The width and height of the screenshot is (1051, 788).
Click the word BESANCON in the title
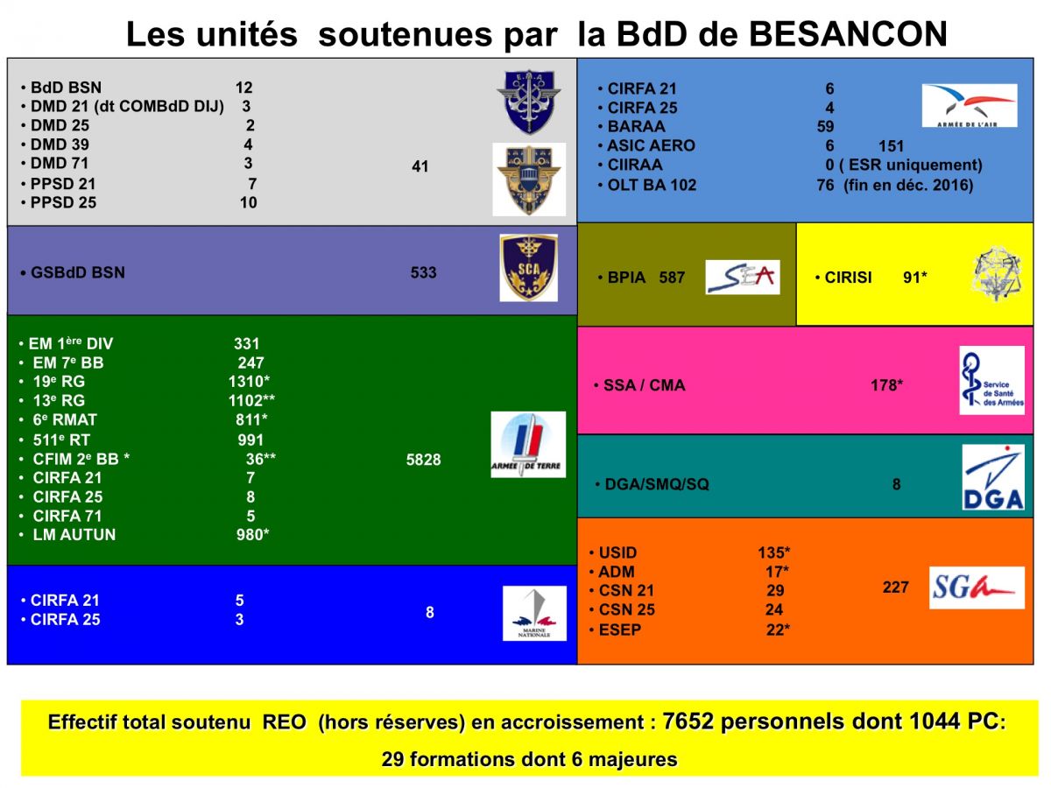(x=848, y=34)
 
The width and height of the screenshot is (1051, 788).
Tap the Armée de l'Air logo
(x=970, y=105)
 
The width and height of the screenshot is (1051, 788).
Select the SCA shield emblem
(x=529, y=267)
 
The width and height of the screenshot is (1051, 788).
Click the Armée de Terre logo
(x=528, y=445)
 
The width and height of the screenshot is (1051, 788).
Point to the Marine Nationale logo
(x=534, y=614)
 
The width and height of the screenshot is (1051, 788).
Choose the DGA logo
(x=993, y=477)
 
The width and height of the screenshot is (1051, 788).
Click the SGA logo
(x=977, y=587)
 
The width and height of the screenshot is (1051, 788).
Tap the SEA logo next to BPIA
(x=743, y=277)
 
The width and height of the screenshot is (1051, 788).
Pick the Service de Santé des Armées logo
(x=992, y=380)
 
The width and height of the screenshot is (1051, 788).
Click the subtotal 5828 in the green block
(x=423, y=460)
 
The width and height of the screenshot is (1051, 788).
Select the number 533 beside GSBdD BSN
(x=423, y=272)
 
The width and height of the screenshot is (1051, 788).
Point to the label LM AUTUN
(x=74, y=534)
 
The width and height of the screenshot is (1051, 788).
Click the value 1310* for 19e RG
(x=249, y=382)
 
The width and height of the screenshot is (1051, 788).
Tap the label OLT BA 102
(x=652, y=185)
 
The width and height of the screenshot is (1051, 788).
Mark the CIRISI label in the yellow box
(x=848, y=278)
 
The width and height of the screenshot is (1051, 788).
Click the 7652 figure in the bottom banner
(x=688, y=721)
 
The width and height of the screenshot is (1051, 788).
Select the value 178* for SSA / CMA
(x=886, y=385)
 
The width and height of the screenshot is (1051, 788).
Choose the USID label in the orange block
(x=617, y=552)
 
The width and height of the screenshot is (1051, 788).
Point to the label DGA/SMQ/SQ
(x=657, y=484)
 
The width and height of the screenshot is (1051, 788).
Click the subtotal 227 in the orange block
(x=895, y=587)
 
